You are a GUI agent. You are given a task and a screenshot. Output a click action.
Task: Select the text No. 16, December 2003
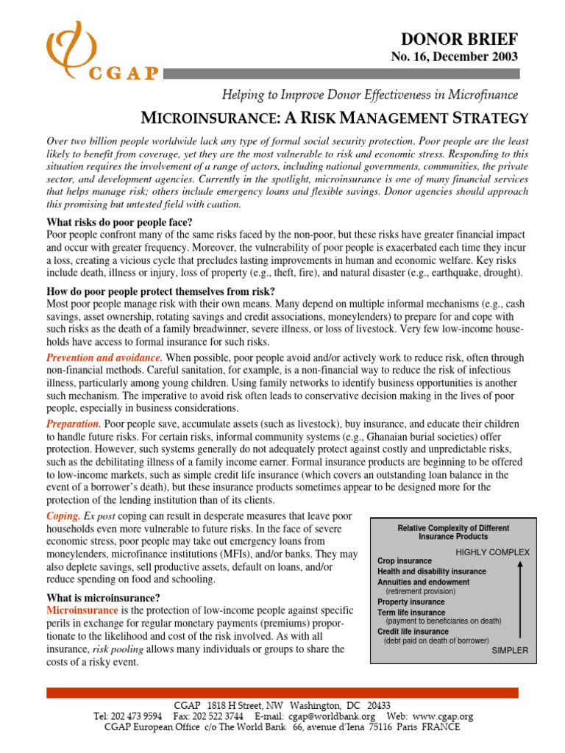pyautogui.click(x=463, y=57)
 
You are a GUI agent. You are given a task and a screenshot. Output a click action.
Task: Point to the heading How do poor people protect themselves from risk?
pyautogui.click(x=160, y=290)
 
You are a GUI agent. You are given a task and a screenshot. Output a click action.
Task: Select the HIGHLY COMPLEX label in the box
pyautogui.click(x=492, y=552)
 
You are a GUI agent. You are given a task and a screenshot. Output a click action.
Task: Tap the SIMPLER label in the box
pyautogui.click(x=509, y=650)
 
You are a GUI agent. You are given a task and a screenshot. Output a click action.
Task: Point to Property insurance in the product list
pyautogui.click(x=411, y=602)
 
